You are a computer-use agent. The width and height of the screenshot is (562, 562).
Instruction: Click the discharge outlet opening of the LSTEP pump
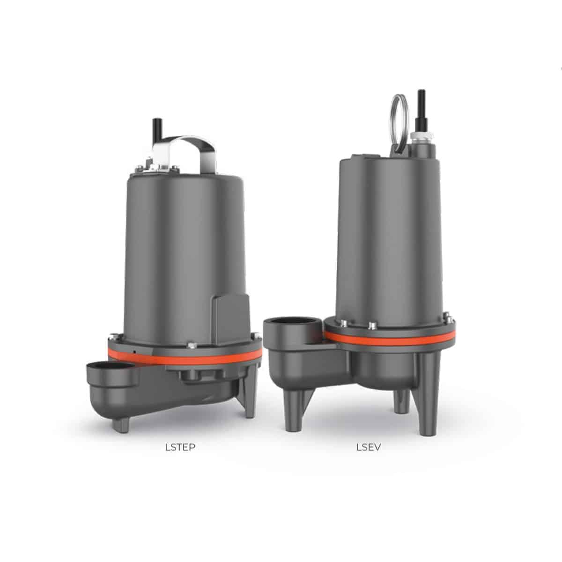click(x=112, y=366)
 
